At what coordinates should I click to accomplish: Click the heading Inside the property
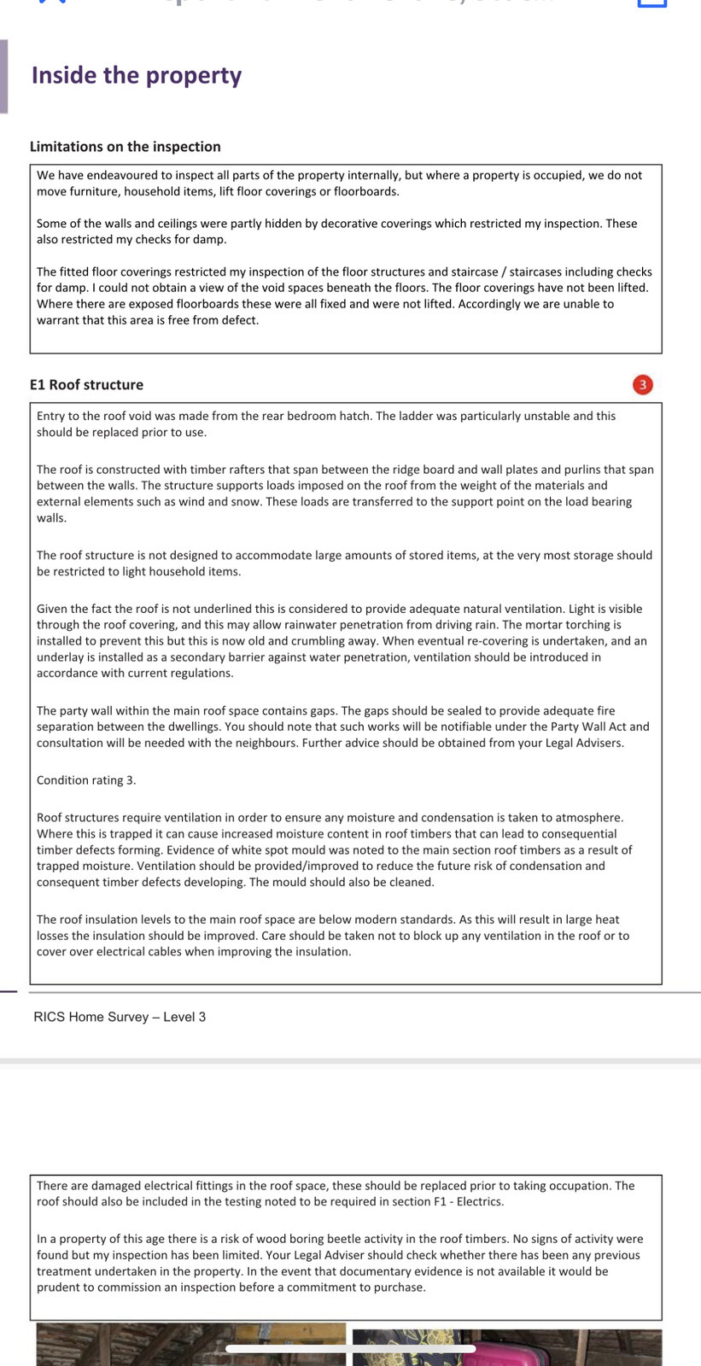click(x=137, y=76)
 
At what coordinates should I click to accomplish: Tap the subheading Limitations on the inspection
click(x=125, y=147)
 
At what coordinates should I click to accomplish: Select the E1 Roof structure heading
click(x=86, y=385)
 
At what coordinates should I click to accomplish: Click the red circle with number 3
click(x=642, y=385)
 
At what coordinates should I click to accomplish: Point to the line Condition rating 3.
click(x=86, y=780)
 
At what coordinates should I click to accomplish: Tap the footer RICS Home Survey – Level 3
click(x=120, y=1017)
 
